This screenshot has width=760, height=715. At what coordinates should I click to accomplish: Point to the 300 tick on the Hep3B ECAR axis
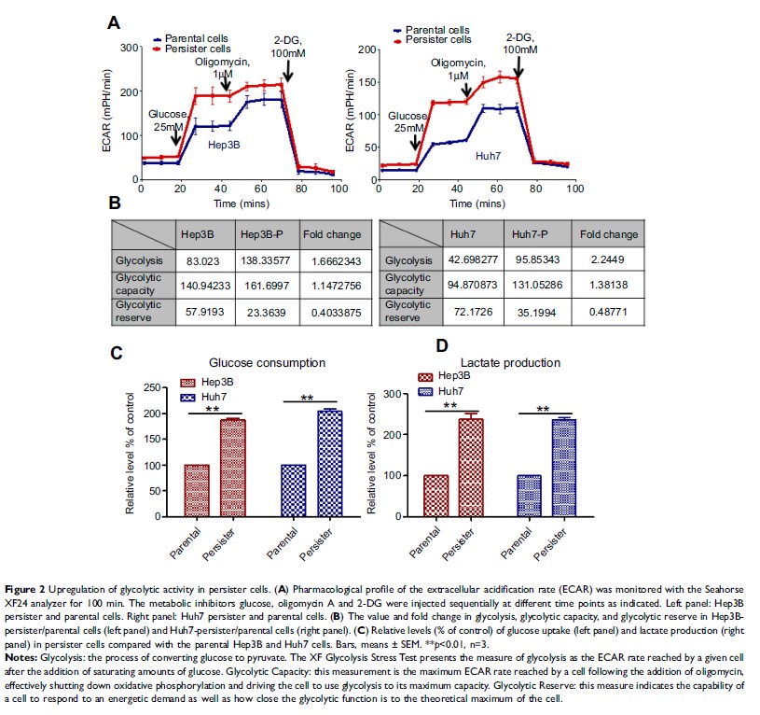(129, 46)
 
